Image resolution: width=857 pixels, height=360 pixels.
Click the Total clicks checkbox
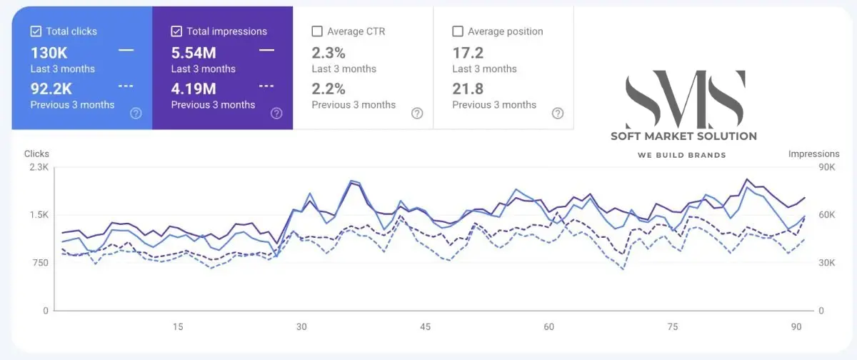tap(36, 31)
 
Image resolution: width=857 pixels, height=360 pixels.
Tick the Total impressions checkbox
tap(176, 31)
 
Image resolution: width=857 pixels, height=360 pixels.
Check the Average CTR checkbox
tap(317, 31)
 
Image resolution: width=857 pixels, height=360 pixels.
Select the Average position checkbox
tap(458, 31)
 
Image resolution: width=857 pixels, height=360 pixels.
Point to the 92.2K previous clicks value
tap(51, 89)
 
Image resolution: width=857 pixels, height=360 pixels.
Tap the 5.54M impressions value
tap(194, 52)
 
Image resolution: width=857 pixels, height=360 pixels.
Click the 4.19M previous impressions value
tap(194, 89)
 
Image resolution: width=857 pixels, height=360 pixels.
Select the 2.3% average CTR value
tap(329, 52)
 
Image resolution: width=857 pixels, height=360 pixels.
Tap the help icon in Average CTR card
tap(417, 113)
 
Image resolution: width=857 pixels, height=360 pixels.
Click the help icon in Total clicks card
tap(136, 113)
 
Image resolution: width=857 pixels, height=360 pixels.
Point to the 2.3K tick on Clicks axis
tap(38, 167)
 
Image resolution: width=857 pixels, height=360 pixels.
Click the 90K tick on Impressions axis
tap(827, 167)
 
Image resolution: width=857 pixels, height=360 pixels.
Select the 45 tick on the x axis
tap(425, 326)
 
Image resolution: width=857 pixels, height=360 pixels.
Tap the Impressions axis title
tap(813, 154)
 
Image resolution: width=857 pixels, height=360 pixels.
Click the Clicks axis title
tap(37, 154)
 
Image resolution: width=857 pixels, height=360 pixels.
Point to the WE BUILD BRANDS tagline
tap(681, 155)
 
